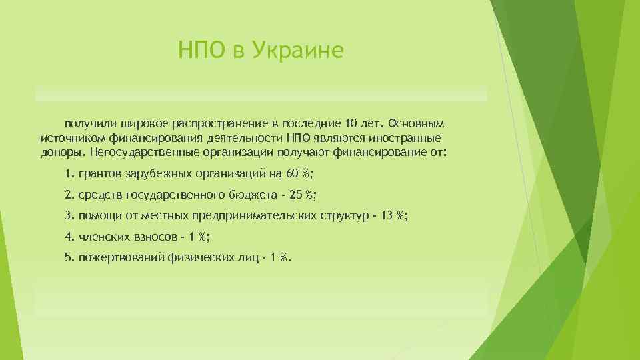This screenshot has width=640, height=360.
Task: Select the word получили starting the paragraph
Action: (x=89, y=125)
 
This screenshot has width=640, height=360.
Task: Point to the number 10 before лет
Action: (x=353, y=125)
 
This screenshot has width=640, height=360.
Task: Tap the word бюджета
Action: (x=253, y=195)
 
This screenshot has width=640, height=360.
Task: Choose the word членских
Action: (x=102, y=237)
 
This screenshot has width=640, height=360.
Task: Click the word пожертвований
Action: (x=117, y=258)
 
